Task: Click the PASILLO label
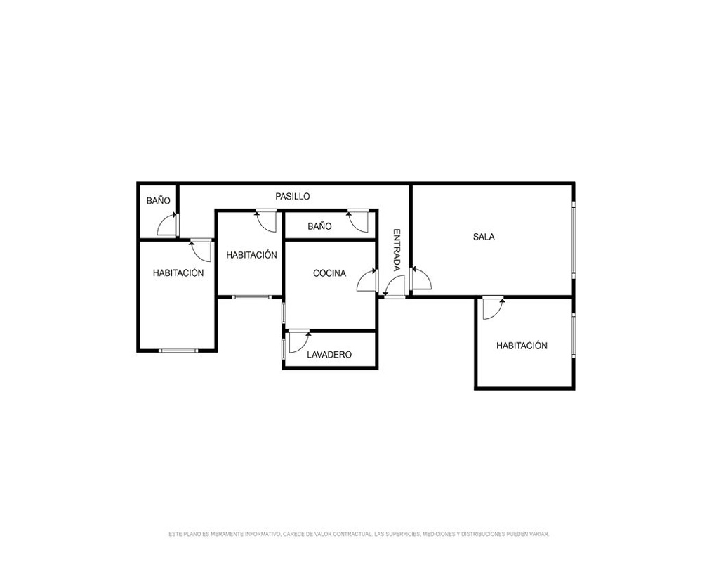(x=292, y=196)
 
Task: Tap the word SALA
(x=484, y=237)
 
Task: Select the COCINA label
(x=329, y=273)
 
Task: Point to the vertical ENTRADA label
(x=397, y=250)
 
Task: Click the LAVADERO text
(x=329, y=355)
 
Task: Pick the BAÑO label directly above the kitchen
(x=319, y=226)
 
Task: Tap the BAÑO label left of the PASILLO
(x=159, y=200)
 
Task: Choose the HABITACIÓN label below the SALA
(x=522, y=346)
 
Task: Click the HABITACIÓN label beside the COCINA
(x=251, y=255)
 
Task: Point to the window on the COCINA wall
(x=284, y=313)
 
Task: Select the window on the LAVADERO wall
(x=284, y=348)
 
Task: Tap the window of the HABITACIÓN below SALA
(x=574, y=335)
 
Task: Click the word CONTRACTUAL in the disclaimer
(x=353, y=534)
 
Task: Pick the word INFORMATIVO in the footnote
(x=263, y=534)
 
